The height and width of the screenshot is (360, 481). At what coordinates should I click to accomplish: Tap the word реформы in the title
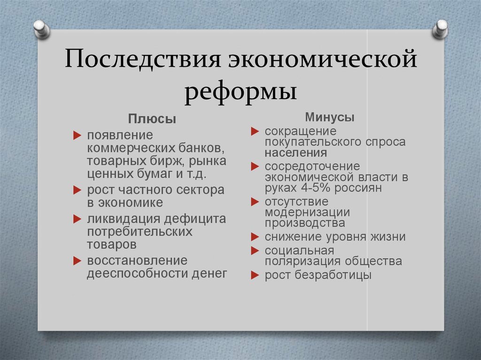240,90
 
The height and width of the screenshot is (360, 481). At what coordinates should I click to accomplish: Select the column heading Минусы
330,117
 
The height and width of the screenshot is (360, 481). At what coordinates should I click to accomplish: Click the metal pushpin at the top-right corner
440,29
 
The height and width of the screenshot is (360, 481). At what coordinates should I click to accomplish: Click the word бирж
167,161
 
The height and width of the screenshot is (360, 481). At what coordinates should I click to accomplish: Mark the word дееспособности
136,273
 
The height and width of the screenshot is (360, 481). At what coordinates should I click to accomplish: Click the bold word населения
295,153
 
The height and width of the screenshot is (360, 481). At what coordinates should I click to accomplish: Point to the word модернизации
307,212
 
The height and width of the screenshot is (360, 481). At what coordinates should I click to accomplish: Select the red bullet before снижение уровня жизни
255,237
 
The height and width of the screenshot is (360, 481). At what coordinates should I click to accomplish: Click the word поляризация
303,261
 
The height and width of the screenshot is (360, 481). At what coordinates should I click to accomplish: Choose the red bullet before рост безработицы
255,276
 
